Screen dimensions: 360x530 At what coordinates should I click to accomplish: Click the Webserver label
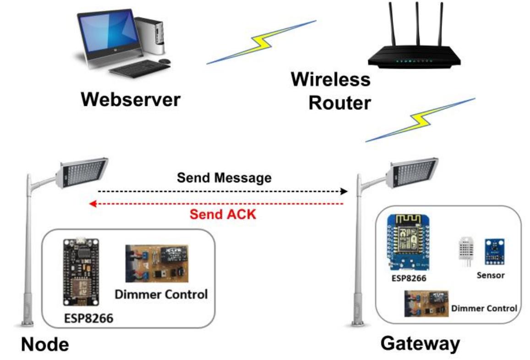131,99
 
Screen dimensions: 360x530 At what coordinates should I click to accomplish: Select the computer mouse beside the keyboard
164,61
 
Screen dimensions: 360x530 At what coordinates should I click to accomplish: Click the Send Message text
224,177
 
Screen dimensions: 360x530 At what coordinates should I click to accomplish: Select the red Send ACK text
223,213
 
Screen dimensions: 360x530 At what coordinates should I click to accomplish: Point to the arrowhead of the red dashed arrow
92,204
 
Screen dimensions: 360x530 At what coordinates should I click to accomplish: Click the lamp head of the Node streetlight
82,173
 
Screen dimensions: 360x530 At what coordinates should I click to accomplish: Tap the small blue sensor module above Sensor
495,251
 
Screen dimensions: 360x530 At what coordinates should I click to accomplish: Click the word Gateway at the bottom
420,343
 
